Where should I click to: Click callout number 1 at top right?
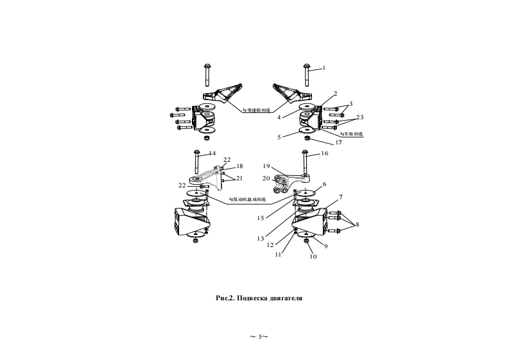(x=324, y=67)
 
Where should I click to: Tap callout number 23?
(x=359, y=117)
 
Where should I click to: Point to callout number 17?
(x=338, y=142)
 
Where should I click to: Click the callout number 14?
(x=212, y=153)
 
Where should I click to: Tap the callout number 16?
(x=324, y=154)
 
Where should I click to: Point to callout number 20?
(x=266, y=178)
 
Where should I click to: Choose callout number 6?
(x=324, y=184)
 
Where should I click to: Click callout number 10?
(x=313, y=257)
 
